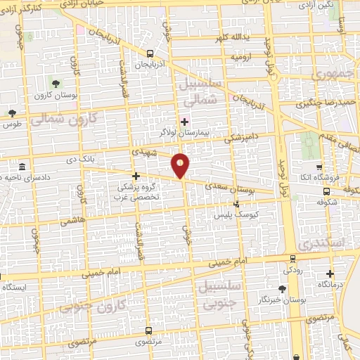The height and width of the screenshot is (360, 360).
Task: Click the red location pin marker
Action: coord(181,165)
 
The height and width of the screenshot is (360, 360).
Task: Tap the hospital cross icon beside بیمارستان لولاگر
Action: coord(184,122)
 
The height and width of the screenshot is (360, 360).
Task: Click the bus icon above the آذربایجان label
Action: coord(150,53)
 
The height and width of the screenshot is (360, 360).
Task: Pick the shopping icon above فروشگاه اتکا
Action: coord(320,167)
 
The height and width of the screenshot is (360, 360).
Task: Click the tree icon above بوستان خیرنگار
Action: coord(282,289)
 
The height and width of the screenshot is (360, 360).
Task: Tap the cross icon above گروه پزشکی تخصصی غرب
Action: coord(136,176)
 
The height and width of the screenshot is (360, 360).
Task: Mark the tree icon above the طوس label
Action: coord(12,112)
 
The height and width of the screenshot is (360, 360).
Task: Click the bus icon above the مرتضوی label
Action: coord(148,330)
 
